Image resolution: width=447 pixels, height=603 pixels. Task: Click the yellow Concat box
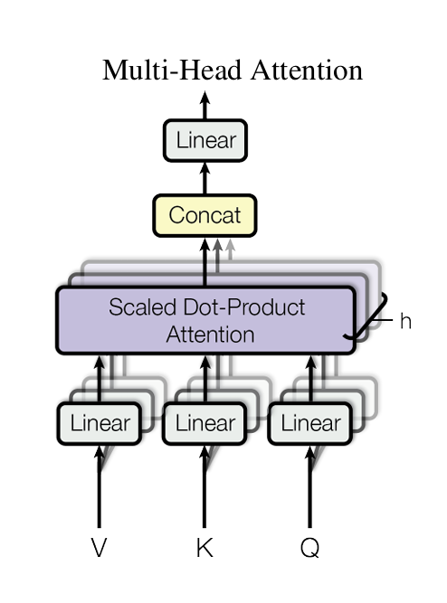point(204,215)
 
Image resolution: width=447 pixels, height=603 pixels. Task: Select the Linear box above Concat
point(205,140)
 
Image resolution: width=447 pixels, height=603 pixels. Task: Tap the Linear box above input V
point(100,423)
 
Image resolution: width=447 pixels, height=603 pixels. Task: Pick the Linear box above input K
point(204,423)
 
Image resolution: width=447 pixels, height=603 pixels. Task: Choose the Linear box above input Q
point(310,423)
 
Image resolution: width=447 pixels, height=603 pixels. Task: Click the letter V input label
point(99,547)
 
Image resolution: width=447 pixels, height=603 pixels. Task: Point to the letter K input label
point(204,547)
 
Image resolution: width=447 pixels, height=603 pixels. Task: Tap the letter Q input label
point(310,548)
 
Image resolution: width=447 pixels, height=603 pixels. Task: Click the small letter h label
point(405,321)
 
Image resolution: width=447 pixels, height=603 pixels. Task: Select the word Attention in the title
point(307,71)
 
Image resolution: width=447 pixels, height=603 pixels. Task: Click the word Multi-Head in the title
point(172,71)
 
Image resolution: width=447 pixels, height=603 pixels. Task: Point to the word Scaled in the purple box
point(143,306)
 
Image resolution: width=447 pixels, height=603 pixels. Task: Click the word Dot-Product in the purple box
point(244,306)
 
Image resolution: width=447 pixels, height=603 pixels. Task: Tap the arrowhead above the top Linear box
point(204,98)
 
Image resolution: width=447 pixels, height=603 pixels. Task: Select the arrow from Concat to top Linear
point(204,178)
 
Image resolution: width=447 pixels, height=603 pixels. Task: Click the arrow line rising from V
point(100,486)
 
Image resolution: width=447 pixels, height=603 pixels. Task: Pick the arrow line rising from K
point(204,486)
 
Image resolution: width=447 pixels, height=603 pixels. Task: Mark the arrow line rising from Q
point(310,486)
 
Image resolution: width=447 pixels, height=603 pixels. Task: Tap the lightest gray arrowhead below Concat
point(230,245)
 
